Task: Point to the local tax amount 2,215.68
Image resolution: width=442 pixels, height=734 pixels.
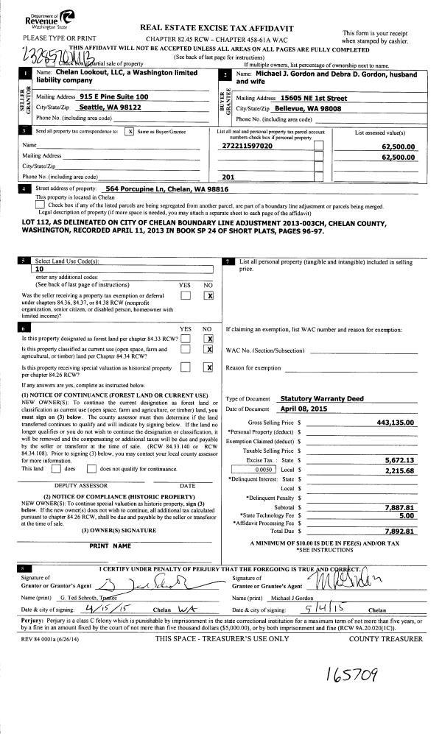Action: pyautogui.click(x=399, y=471)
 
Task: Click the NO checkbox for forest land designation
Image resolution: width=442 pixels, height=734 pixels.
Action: pyautogui.click(x=209, y=339)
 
